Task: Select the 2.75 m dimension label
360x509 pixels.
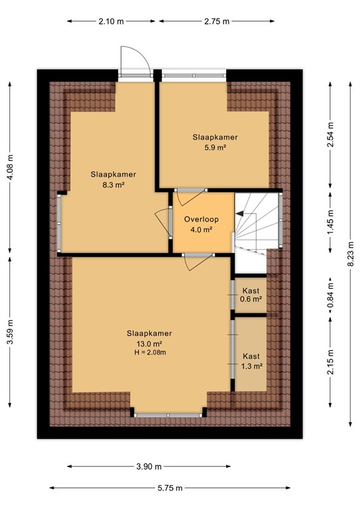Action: [x=215, y=21]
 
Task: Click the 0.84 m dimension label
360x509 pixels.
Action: [x=330, y=295]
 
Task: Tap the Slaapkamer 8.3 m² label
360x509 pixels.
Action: [x=113, y=180]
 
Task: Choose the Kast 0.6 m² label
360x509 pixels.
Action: [x=251, y=295]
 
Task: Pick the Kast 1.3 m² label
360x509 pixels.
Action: [x=251, y=361]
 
